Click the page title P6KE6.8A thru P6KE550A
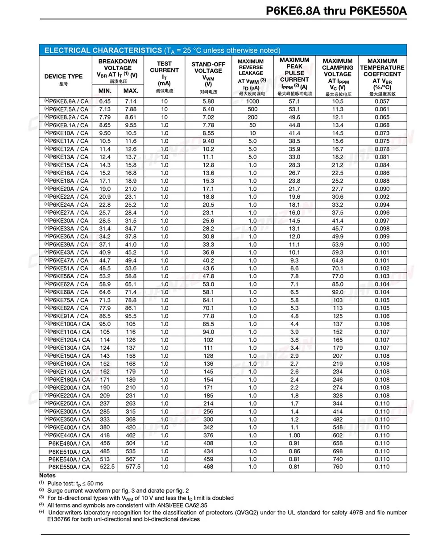coord(336,11)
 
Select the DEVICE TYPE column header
coord(64,76)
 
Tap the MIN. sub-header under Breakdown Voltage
coord(105,91)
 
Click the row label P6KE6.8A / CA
coord(66,101)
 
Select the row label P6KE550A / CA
coord(69,467)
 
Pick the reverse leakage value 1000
coord(252,101)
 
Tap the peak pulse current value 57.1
coord(294,101)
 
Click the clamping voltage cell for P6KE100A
coord(338,324)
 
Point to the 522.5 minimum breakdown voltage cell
coord(107,467)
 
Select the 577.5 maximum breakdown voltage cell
coord(132,467)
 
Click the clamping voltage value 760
coord(338,467)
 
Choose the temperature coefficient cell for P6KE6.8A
coord(382,101)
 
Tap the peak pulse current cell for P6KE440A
coord(294,435)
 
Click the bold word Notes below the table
coord(48,476)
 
